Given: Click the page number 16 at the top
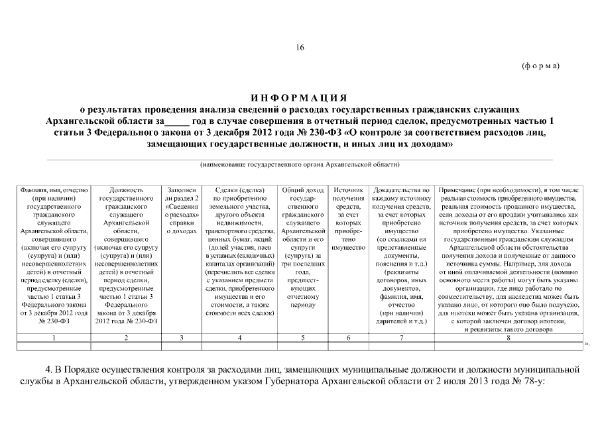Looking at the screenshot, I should (300, 47).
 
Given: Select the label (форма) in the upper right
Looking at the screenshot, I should (542, 66).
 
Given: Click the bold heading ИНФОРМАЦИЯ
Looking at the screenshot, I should (300, 97).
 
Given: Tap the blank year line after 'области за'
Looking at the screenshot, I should (176, 121).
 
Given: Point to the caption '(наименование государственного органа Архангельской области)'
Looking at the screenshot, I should (300, 164).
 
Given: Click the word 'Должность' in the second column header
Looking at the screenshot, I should (126, 190).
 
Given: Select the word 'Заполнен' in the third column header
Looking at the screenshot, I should (182, 190).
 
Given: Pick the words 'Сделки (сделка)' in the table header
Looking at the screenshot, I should (239, 190).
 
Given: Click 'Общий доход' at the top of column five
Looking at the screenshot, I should (302, 190).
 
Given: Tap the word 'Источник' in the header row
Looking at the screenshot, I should (348, 190).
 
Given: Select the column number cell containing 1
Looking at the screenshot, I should (54, 338).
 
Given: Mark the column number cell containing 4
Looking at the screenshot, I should (239, 338).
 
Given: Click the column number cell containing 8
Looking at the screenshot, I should (508, 338).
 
